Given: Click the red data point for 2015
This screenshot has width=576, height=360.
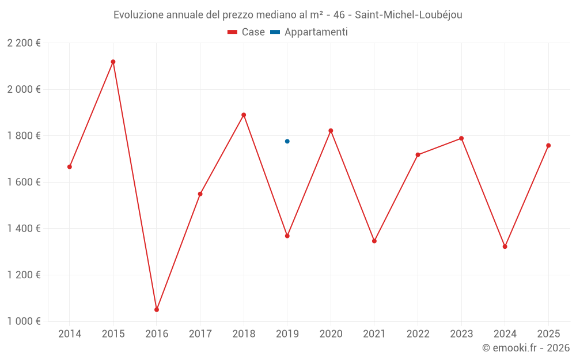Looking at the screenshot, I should (113, 62).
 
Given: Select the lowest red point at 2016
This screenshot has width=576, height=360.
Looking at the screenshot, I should (157, 310).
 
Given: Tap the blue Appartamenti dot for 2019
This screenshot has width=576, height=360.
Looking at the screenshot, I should (287, 141).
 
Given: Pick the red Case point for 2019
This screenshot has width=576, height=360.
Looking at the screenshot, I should (287, 236).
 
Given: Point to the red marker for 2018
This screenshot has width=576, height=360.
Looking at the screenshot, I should (244, 115).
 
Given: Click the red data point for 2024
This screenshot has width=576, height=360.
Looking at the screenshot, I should (505, 247).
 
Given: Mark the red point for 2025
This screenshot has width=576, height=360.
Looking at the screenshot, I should (548, 145).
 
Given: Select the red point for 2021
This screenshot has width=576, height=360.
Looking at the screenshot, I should (374, 241).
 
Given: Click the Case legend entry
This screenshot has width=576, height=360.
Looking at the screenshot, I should (247, 32).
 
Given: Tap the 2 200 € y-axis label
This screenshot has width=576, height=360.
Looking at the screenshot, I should (24, 43).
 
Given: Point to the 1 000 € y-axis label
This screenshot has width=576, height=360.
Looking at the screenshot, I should (24, 321).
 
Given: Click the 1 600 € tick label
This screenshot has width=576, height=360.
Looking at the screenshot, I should (24, 182).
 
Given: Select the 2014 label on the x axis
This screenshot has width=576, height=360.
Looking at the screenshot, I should (70, 334).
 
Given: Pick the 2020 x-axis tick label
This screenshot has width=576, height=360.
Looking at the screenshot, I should (331, 334).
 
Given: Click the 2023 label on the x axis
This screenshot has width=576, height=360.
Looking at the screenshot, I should (461, 334).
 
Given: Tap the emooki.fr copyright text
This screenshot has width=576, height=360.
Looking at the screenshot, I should (525, 348).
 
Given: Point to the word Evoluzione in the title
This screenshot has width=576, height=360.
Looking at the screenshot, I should (138, 15).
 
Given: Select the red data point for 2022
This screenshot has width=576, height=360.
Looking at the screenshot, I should (418, 154).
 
